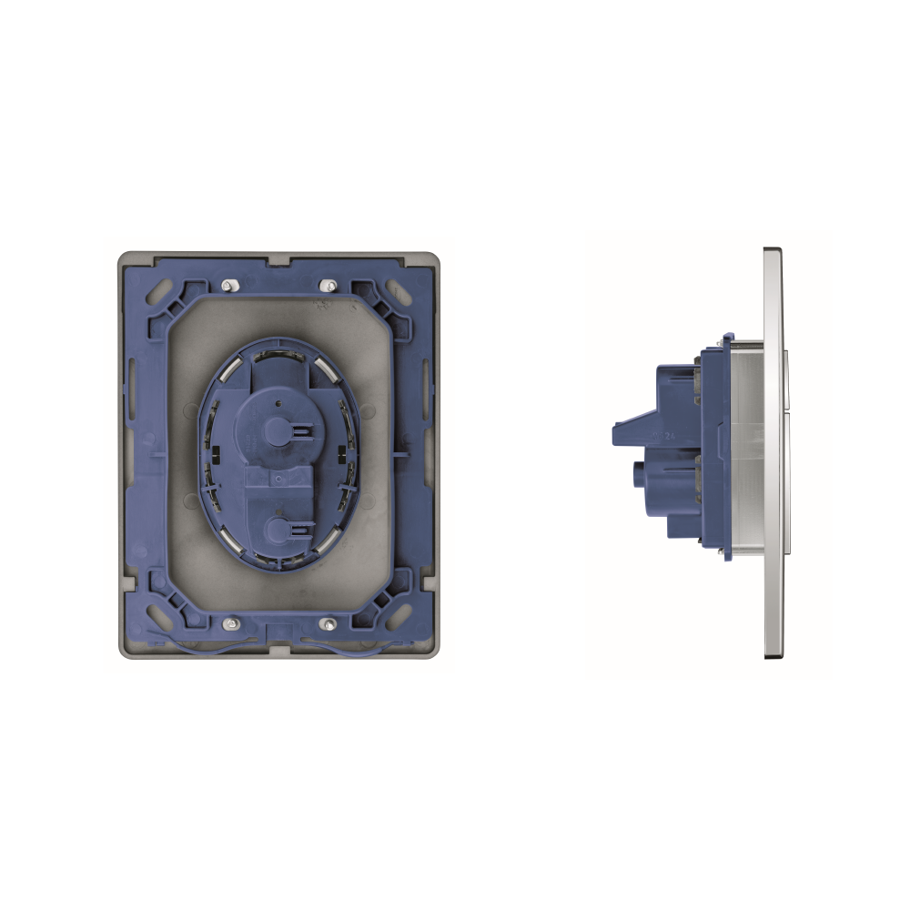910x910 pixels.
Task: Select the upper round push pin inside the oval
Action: click(274, 430)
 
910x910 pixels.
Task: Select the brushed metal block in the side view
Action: click(748, 446)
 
